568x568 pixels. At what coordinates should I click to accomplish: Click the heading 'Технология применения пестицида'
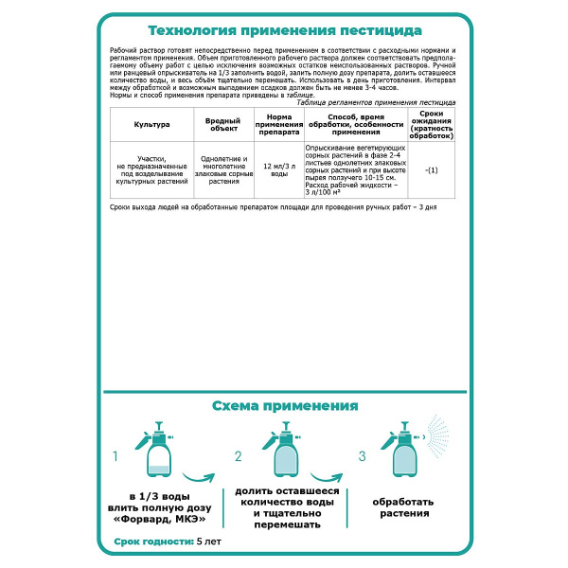click(x=284, y=29)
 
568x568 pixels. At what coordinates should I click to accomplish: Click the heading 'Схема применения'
click(x=284, y=405)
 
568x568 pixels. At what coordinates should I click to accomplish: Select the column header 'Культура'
click(x=151, y=124)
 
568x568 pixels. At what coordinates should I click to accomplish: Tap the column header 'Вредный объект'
click(x=223, y=124)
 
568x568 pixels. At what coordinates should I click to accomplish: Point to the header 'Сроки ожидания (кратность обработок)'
click(x=432, y=124)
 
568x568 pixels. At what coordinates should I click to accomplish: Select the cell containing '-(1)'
click(x=432, y=169)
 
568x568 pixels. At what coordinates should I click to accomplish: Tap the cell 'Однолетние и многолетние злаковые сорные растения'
click(x=224, y=169)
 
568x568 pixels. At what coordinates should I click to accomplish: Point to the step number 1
click(x=115, y=457)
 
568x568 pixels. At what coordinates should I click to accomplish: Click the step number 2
click(x=239, y=457)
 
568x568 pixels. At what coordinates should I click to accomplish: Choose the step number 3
click(x=362, y=457)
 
